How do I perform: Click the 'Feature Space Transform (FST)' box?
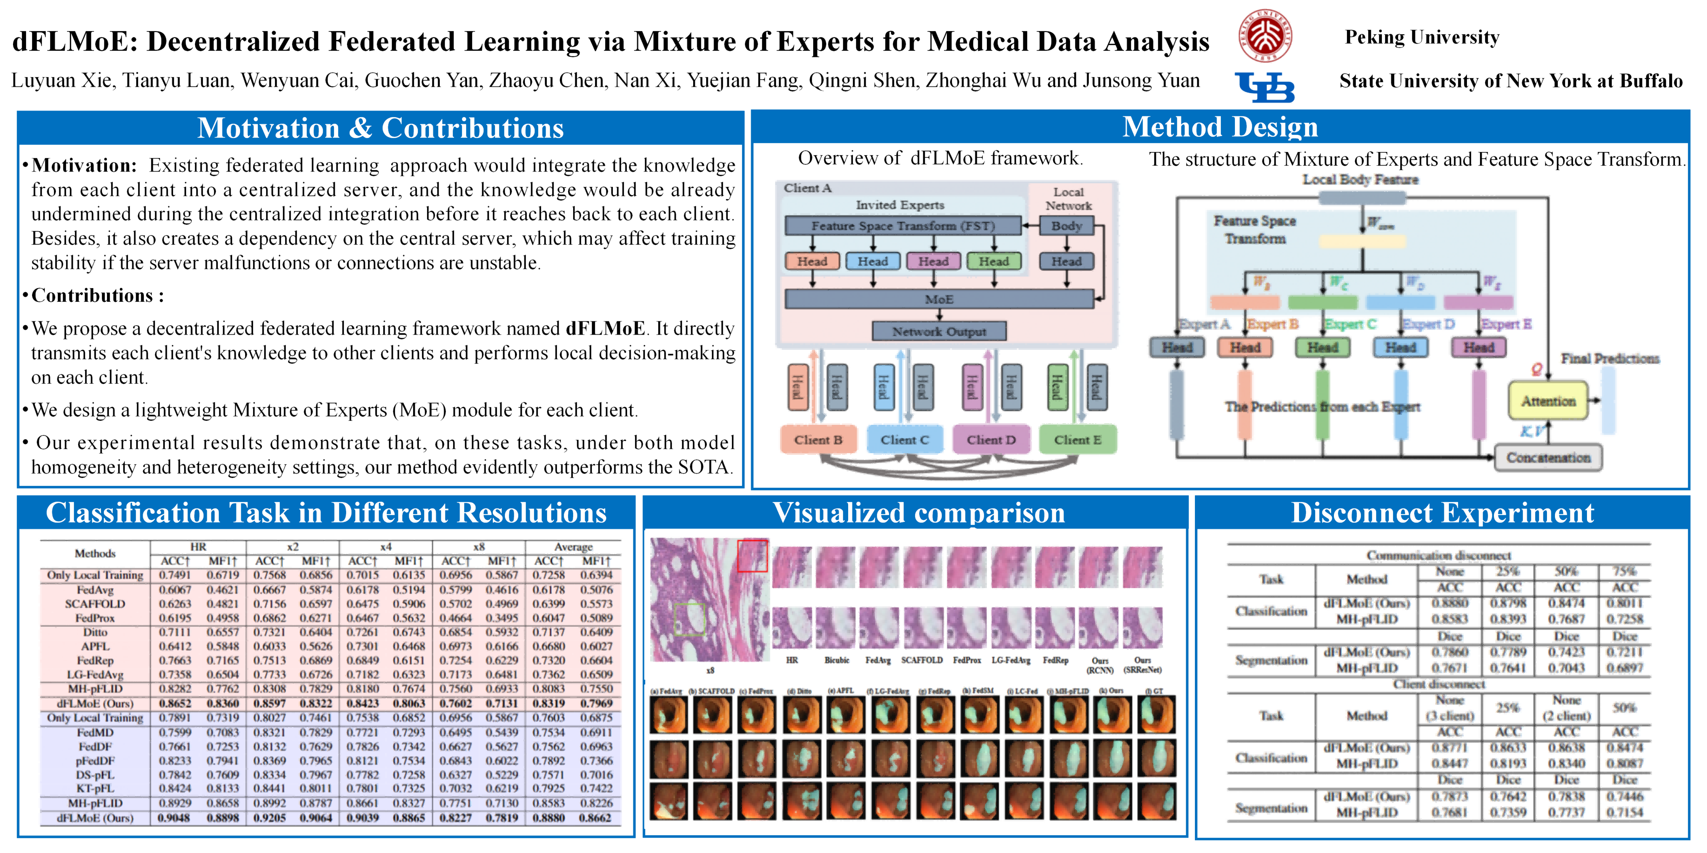(x=903, y=226)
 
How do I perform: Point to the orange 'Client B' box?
(x=818, y=440)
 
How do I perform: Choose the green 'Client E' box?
(x=1078, y=440)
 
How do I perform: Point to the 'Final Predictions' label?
(x=1610, y=358)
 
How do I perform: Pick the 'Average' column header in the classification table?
(x=573, y=547)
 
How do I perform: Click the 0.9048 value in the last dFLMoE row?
(x=174, y=818)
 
